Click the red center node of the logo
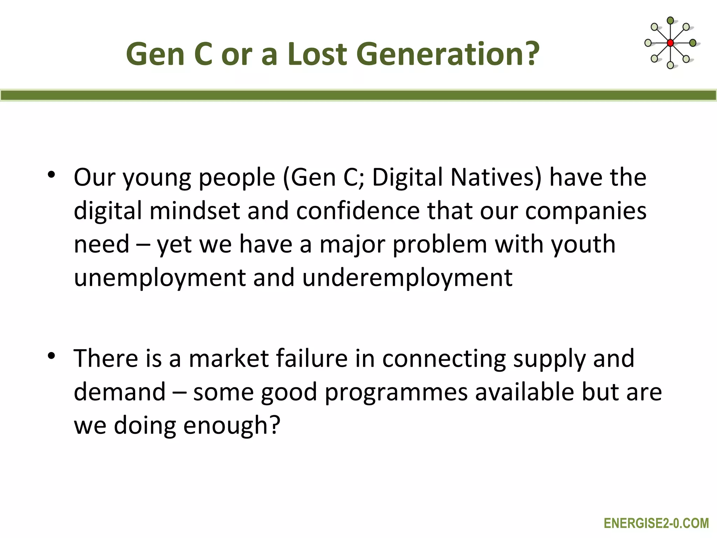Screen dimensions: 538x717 pos(670,43)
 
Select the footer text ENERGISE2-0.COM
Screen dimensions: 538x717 pos(656,523)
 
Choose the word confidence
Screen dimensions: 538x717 pos(358,211)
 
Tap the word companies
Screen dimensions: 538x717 pos(586,211)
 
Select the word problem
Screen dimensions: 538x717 pos(440,244)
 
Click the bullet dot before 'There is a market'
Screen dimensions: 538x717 pos(52,356)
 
